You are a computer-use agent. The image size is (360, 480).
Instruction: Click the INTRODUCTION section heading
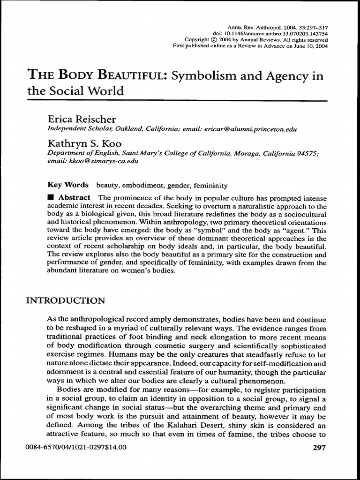pyautogui.click(x=65, y=300)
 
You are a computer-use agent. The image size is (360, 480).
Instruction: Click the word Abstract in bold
pyautogui.click(x=75, y=197)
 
